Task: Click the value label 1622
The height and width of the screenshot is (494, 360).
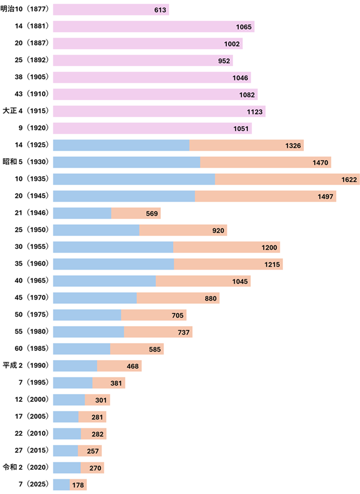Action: click(349, 179)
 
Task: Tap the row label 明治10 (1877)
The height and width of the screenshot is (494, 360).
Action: click(24, 10)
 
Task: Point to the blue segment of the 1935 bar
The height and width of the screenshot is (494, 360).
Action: click(134, 179)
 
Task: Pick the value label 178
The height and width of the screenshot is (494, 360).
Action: click(78, 485)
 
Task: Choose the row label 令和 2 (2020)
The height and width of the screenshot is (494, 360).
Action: click(25, 467)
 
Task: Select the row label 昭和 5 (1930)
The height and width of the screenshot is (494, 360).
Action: click(25, 162)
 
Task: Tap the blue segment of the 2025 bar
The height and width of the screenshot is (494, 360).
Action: click(61, 485)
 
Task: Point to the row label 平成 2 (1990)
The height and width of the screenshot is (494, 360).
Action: click(25, 366)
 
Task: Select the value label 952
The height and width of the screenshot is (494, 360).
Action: click(224, 61)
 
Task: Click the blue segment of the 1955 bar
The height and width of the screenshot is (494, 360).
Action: click(113, 247)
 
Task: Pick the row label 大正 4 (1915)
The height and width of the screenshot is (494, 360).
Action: click(25, 111)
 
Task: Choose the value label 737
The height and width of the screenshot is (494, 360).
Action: click(184, 332)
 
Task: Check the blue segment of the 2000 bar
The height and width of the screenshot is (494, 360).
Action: click(69, 400)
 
